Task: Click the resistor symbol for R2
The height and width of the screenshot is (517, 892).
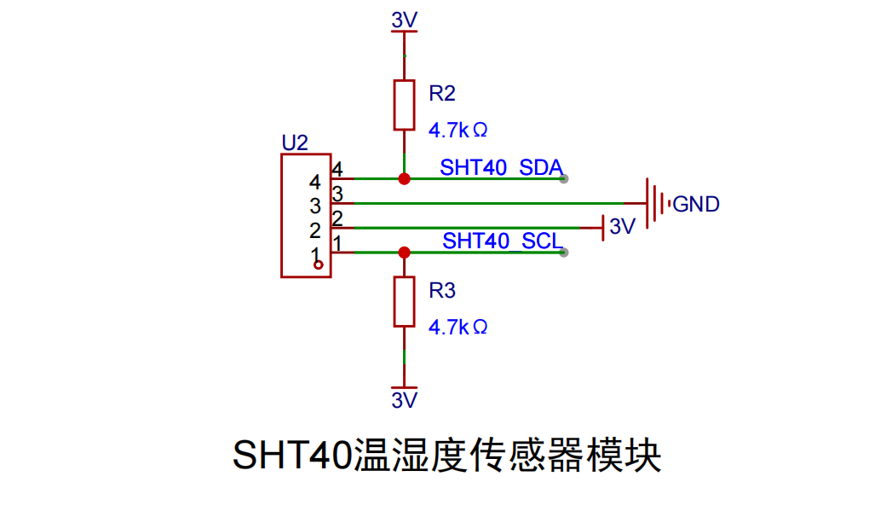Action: (x=404, y=105)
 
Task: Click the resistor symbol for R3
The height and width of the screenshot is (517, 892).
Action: (x=404, y=302)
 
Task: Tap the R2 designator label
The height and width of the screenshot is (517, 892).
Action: (x=442, y=93)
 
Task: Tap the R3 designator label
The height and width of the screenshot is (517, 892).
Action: (x=442, y=290)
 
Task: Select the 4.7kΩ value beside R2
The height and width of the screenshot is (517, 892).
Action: (x=458, y=130)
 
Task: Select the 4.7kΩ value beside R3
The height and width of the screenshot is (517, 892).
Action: (x=458, y=327)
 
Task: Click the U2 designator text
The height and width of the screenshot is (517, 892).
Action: (x=295, y=142)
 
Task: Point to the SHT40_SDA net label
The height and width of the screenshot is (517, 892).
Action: (x=501, y=167)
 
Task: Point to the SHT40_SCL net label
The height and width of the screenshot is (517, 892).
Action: (x=503, y=241)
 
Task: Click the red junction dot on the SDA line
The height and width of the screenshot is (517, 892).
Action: (x=404, y=179)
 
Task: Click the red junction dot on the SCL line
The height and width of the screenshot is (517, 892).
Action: (x=404, y=253)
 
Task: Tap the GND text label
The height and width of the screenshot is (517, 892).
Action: (x=696, y=204)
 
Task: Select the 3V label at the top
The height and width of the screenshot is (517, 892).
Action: (x=405, y=20)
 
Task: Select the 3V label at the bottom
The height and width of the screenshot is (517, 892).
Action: (x=405, y=400)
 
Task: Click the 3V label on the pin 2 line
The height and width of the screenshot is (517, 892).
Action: (x=622, y=227)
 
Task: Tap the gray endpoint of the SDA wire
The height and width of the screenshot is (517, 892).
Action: (x=564, y=179)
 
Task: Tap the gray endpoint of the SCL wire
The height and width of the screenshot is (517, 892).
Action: (x=564, y=253)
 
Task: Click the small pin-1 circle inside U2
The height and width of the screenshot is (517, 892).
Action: (x=319, y=264)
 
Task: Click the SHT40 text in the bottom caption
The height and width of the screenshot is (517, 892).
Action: (x=292, y=455)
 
